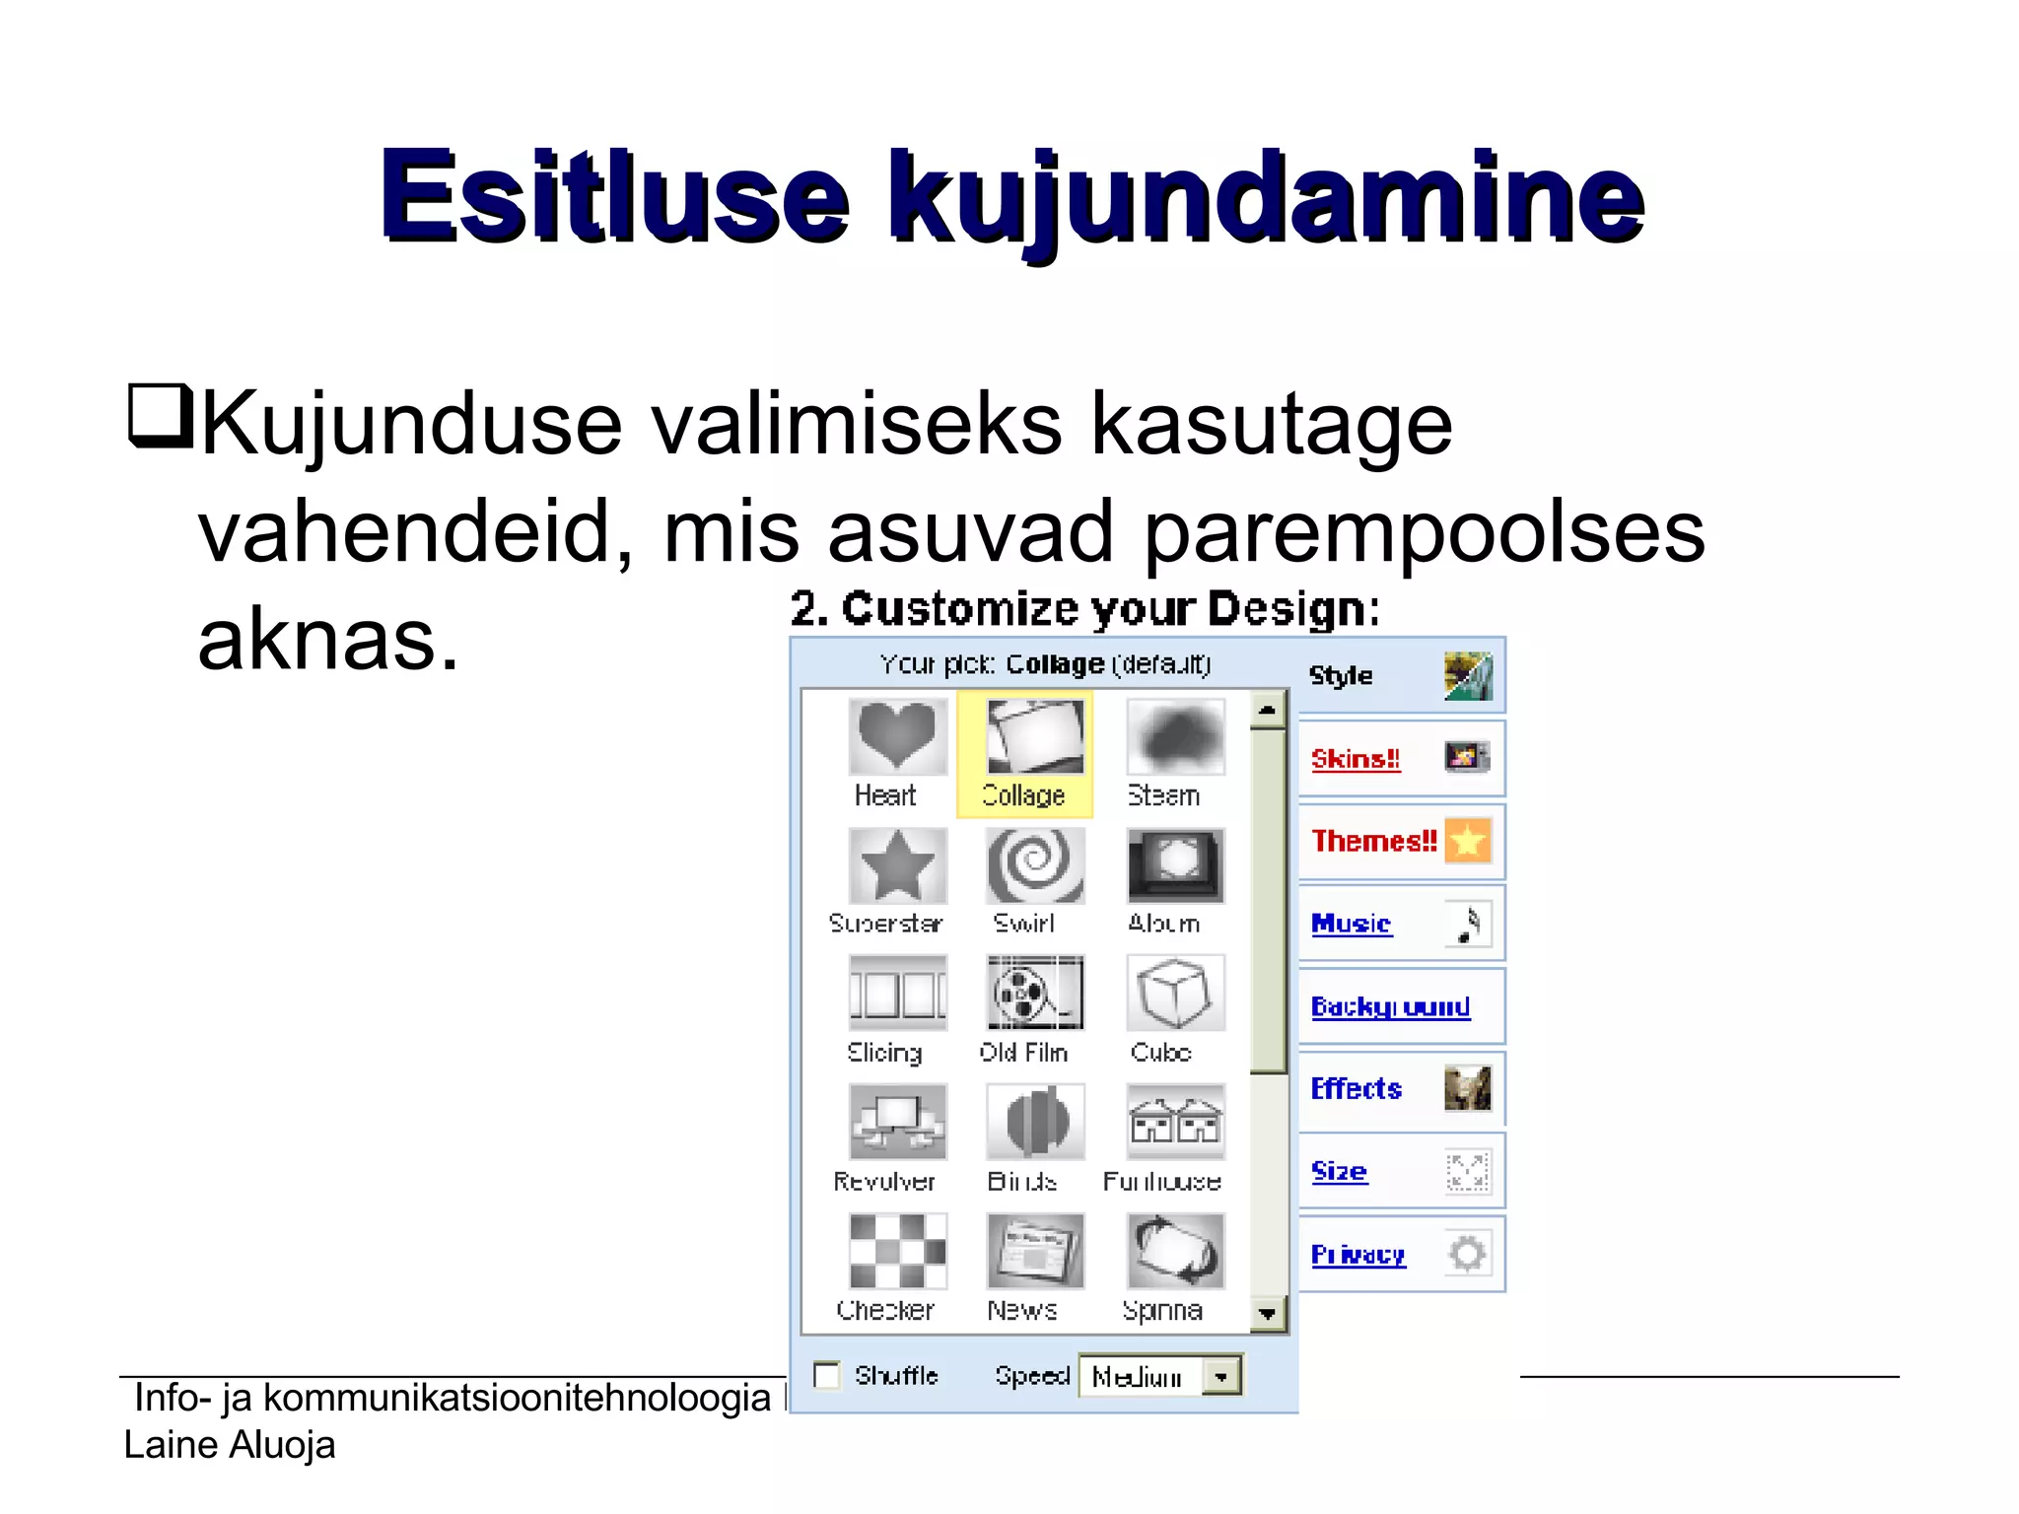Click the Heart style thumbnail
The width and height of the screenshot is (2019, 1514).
point(896,736)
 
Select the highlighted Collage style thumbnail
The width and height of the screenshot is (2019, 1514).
point(1034,737)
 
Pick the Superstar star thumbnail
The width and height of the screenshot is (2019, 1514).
point(896,865)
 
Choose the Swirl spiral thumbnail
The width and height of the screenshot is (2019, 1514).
point(1034,865)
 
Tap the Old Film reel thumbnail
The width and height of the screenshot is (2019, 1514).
point(1034,993)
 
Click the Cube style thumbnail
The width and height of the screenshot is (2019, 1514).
point(1174,993)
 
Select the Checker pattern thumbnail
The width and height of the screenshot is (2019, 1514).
point(896,1251)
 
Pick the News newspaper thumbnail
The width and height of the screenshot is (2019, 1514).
point(1034,1251)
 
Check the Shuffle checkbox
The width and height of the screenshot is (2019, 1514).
point(826,1375)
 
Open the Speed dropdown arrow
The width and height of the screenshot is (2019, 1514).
point(1221,1376)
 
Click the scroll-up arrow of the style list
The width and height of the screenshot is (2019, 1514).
point(1268,710)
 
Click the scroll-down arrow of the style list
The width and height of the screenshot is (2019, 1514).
point(1268,1314)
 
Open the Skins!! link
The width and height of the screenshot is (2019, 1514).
point(1355,759)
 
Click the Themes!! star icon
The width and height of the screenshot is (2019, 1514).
point(1467,841)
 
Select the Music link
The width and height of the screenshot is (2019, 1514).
point(1351,924)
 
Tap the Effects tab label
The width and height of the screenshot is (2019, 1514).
point(1356,1088)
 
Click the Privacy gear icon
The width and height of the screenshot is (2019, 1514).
point(1467,1254)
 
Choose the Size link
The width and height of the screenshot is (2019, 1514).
point(1339,1171)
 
